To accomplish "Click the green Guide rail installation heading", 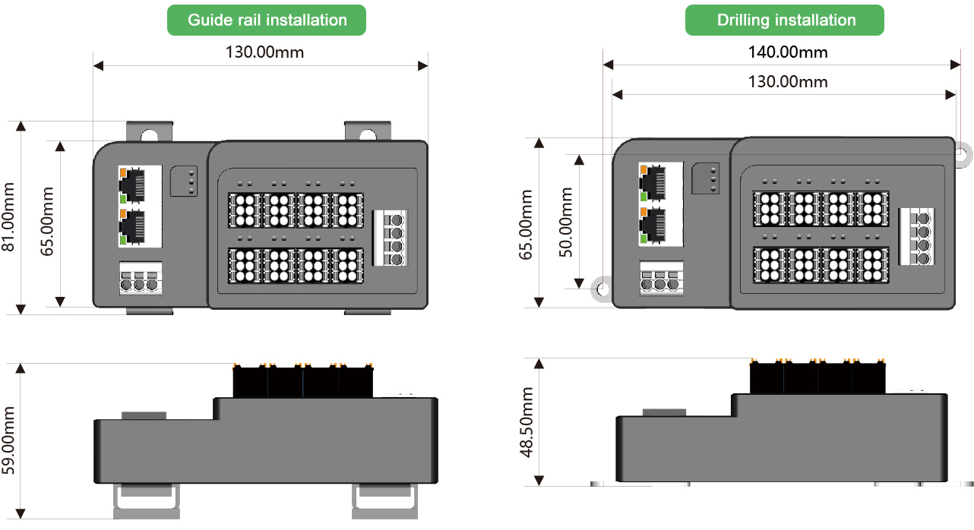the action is point(267,20).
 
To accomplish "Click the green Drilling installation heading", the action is point(784,20).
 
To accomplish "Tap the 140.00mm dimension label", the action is point(787,52).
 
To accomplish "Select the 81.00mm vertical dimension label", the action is point(8,216).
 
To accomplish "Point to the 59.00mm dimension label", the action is point(8,440).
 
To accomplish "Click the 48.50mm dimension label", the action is point(527,422).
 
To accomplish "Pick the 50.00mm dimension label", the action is point(566,222).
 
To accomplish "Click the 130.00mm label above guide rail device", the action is point(264,52).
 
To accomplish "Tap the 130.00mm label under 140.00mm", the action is point(787,82).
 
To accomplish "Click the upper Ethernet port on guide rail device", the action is point(132,185).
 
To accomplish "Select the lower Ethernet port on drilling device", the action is point(653,225).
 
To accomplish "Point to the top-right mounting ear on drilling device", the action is point(963,154).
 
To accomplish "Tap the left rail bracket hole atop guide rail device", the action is point(149,136).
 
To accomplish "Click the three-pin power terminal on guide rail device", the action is point(140,279).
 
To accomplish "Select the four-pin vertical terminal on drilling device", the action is point(916,237).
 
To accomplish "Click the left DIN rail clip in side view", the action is point(147,501).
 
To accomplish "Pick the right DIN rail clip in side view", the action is point(385,501).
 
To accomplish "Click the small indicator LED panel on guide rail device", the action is point(184,181).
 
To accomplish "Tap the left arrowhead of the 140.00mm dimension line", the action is point(608,65).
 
